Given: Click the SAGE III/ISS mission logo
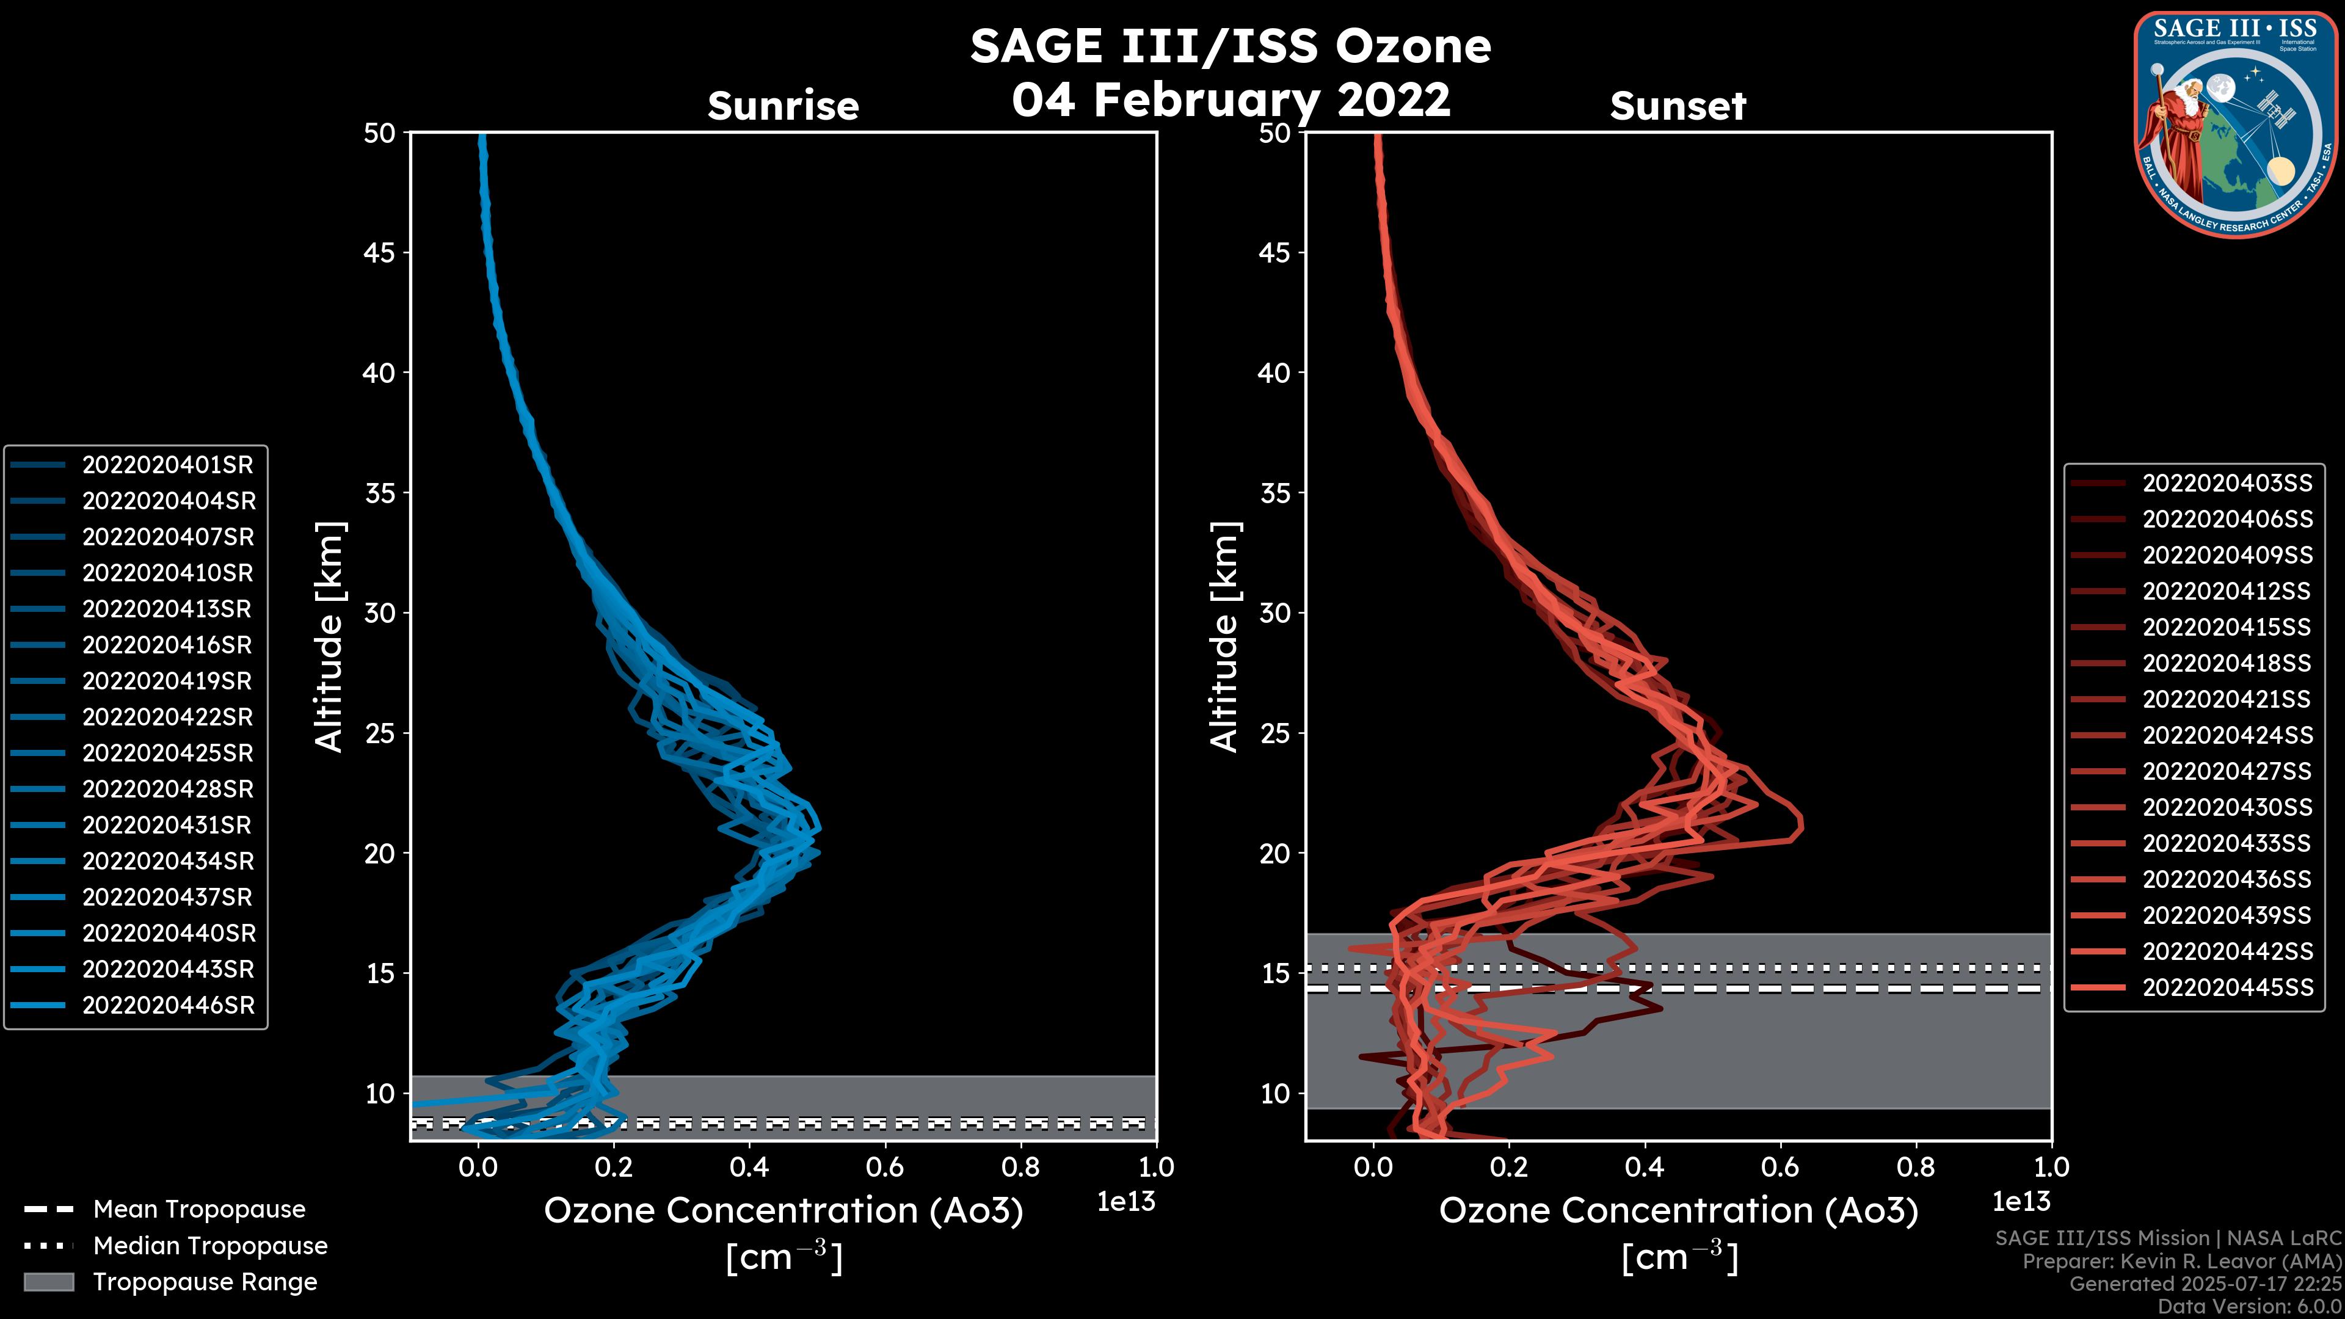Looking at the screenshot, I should [x=2236, y=125].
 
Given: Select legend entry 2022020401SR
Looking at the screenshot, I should [x=167, y=465].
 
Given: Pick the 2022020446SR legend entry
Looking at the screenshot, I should [x=167, y=1006].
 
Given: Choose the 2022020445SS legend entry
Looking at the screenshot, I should [x=2227, y=987].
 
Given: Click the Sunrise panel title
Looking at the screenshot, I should [x=783, y=106].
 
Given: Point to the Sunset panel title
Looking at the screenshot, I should [x=1678, y=106].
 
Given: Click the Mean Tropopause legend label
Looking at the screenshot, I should [x=199, y=1210].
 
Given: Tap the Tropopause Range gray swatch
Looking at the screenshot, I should [x=48, y=1282].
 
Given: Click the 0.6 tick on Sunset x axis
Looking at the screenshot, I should [x=1781, y=1167].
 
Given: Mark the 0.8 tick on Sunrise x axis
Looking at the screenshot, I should [x=1020, y=1167].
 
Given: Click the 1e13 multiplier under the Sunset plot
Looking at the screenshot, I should [x=2021, y=1202].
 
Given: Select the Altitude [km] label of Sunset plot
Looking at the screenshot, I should [x=1225, y=637].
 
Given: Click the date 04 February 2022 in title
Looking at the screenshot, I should [x=1231, y=99].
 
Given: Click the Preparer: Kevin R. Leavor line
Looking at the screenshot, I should [x=2181, y=1262].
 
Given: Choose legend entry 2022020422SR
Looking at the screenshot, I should [x=167, y=718].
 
